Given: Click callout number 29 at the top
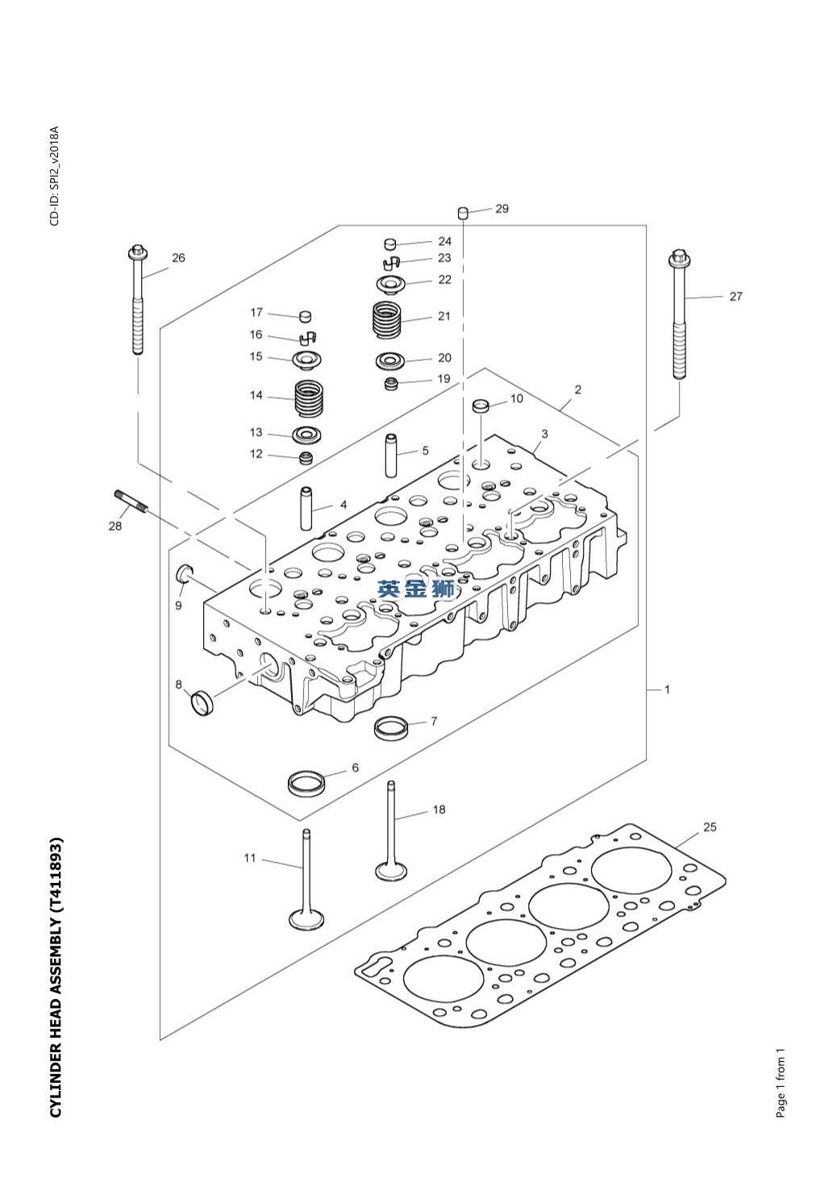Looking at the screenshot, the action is pyautogui.click(x=502, y=209).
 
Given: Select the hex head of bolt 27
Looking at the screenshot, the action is pyautogui.click(x=679, y=258).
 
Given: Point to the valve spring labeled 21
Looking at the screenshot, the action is pyautogui.click(x=386, y=318).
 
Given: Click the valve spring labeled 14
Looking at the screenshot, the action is pyautogui.click(x=308, y=398).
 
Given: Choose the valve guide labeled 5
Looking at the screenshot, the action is pyautogui.click(x=391, y=455).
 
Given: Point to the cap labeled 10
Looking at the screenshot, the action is pyautogui.click(x=481, y=406).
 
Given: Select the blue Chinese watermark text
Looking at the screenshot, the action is pyautogui.click(x=416, y=589).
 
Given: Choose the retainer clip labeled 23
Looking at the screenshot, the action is pyautogui.click(x=389, y=260).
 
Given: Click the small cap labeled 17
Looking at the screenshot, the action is pyautogui.click(x=305, y=317).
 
